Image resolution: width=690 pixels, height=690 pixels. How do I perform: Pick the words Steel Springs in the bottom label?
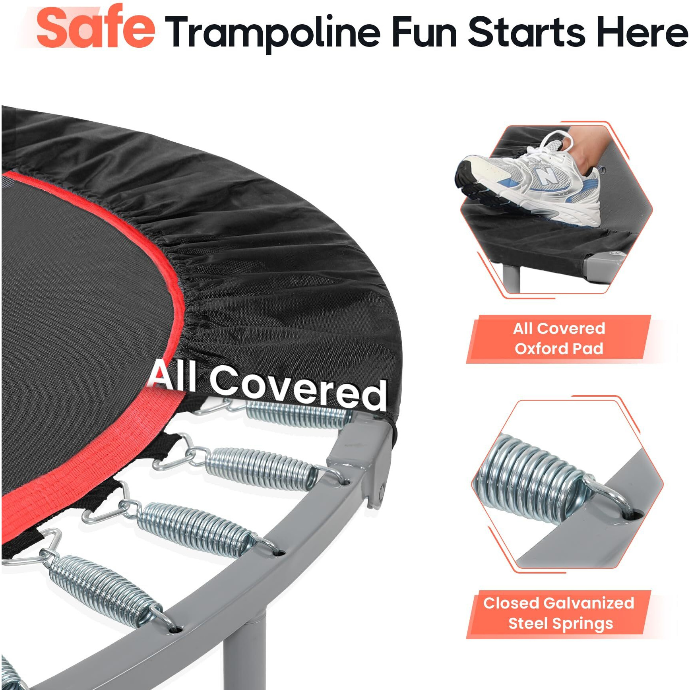[x=560, y=623]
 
